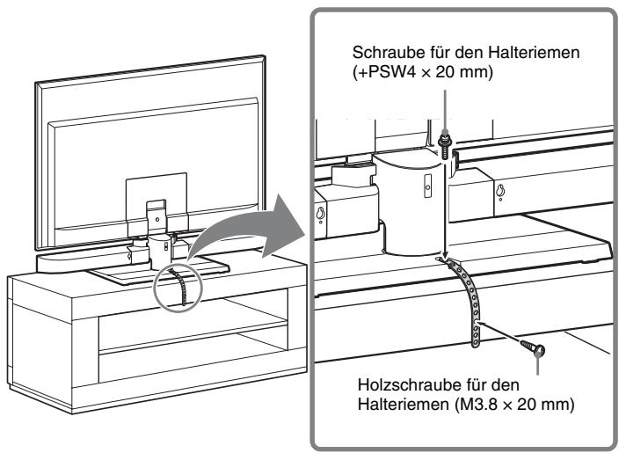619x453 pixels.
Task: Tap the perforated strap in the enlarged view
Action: pyautogui.click(x=471, y=303)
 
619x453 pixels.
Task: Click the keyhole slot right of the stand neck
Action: pyautogui.click(x=499, y=193)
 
